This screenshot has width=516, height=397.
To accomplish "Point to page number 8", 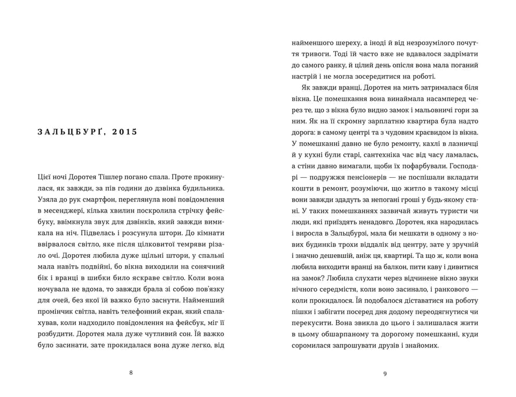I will coord(131,372).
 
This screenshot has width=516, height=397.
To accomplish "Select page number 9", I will coord(385,372).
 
